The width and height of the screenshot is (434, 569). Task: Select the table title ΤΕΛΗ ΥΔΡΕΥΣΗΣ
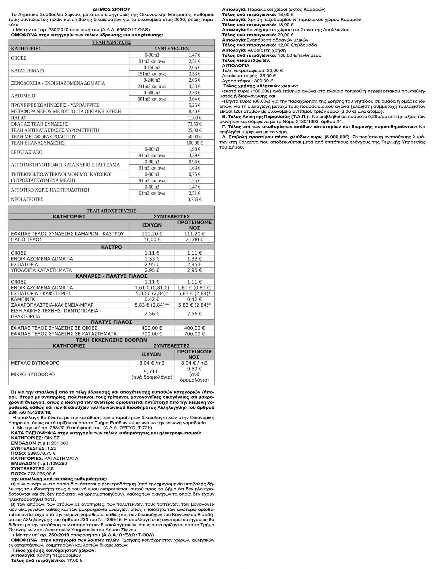pyautogui.click(x=111, y=42)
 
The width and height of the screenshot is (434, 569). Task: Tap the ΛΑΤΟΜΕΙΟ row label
pyautogui.click(x=23, y=96)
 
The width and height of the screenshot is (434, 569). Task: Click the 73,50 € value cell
pyautogui.click(x=194, y=124)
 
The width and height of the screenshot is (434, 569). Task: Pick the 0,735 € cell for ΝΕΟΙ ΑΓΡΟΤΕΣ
pyautogui.click(x=194, y=199)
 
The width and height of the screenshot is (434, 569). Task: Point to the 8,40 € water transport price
pyautogui.click(x=194, y=112)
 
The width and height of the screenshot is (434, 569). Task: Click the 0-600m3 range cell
pyautogui.click(x=152, y=93)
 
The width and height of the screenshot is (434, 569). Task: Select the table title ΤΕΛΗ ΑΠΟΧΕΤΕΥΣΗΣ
pyautogui.click(x=111, y=211)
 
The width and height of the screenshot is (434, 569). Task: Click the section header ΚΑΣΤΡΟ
pyautogui.click(x=111, y=247)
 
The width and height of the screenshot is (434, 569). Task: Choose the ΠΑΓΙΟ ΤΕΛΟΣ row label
pyautogui.click(x=26, y=240)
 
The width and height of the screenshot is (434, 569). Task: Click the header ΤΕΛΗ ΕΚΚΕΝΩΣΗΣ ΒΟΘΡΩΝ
pyautogui.click(x=111, y=340)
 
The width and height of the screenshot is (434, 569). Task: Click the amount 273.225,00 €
pyautogui.click(x=41, y=474)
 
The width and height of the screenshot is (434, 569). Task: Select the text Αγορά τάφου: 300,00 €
pyautogui.click(x=247, y=81)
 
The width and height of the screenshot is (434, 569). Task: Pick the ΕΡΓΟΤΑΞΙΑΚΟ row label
pyautogui.click(x=26, y=152)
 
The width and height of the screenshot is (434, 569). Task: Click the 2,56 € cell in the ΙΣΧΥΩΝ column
pyautogui.click(x=152, y=314)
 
